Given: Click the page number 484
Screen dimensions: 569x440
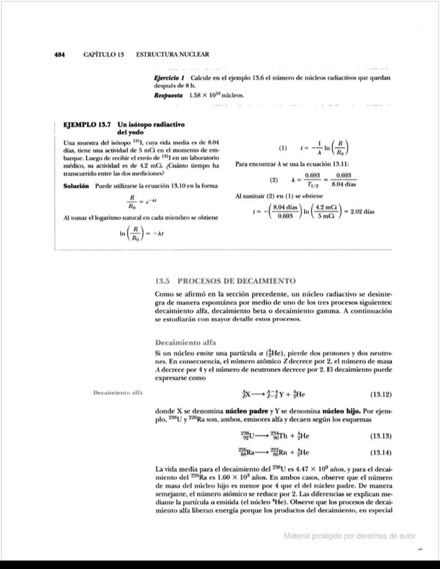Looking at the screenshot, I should (x=59, y=55).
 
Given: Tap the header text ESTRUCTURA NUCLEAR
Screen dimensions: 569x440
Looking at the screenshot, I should (x=172, y=55).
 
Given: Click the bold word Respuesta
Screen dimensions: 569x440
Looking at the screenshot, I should (x=168, y=95).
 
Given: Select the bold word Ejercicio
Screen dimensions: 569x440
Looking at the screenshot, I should (x=167, y=78).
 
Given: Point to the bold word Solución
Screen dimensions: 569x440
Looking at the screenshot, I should (x=77, y=186).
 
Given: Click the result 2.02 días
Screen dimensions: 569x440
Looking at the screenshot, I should (x=361, y=211).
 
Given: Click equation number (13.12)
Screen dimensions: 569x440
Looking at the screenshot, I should (x=381, y=395).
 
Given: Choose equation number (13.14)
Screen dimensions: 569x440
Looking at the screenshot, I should (x=381, y=452).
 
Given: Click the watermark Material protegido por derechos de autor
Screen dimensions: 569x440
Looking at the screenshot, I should (x=350, y=536).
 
